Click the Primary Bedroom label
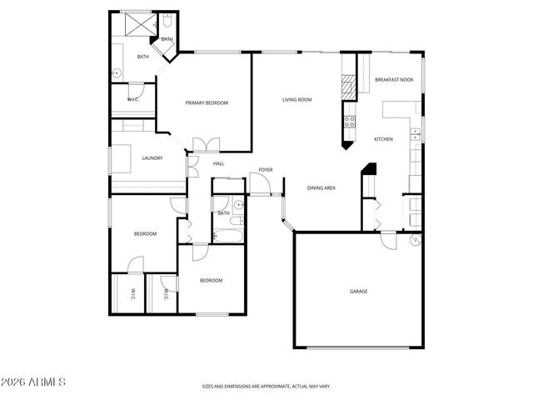207,102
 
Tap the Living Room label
296,100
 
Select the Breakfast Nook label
394,79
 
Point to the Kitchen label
383,138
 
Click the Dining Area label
321,188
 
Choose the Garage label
358,291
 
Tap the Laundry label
152,157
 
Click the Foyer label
266,169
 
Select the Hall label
218,163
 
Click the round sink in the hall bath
237,204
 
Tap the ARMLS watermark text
33,382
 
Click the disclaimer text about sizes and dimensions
266,386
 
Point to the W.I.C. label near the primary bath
133,99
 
